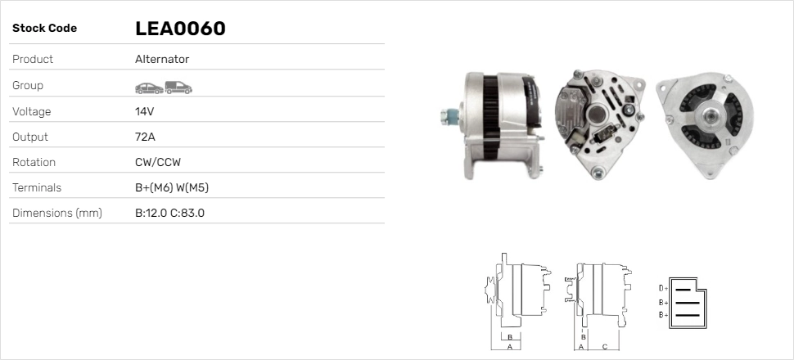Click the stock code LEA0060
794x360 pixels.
click(x=180, y=29)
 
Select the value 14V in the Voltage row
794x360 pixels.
click(x=145, y=111)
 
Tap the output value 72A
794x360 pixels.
click(x=145, y=137)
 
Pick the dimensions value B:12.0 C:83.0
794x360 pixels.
click(x=169, y=213)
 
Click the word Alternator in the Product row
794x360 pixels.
click(x=162, y=60)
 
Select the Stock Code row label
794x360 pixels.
click(x=44, y=29)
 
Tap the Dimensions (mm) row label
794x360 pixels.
click(x=56, y=213)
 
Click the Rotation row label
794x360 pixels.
click(x=34, y=162)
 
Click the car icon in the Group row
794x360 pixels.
click(x=148, y=87)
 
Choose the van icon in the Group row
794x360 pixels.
click(x=178, y=87)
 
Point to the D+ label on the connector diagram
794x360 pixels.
click(x=663, y=288)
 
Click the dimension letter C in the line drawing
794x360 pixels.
click(x=604, y=347)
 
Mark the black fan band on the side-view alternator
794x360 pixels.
click(x=490, y=117)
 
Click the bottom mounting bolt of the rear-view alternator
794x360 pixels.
click(x=598, y=172)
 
